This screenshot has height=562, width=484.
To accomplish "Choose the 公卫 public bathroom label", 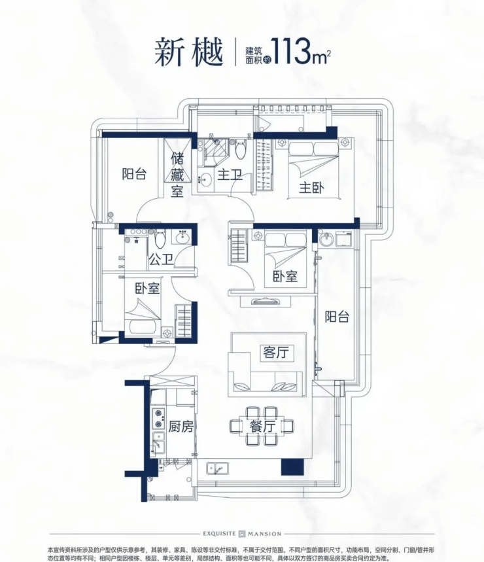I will (160, 260).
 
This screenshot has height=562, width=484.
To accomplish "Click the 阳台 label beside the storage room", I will (134, 174).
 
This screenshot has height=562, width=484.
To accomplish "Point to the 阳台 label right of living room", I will (337, 317).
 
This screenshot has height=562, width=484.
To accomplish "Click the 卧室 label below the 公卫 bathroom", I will (148, 289).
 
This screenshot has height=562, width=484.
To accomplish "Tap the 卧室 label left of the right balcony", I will (286, 277).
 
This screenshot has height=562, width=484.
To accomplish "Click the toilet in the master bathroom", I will (241, 150).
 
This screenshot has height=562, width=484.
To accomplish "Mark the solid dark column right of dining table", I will (290, 466).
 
